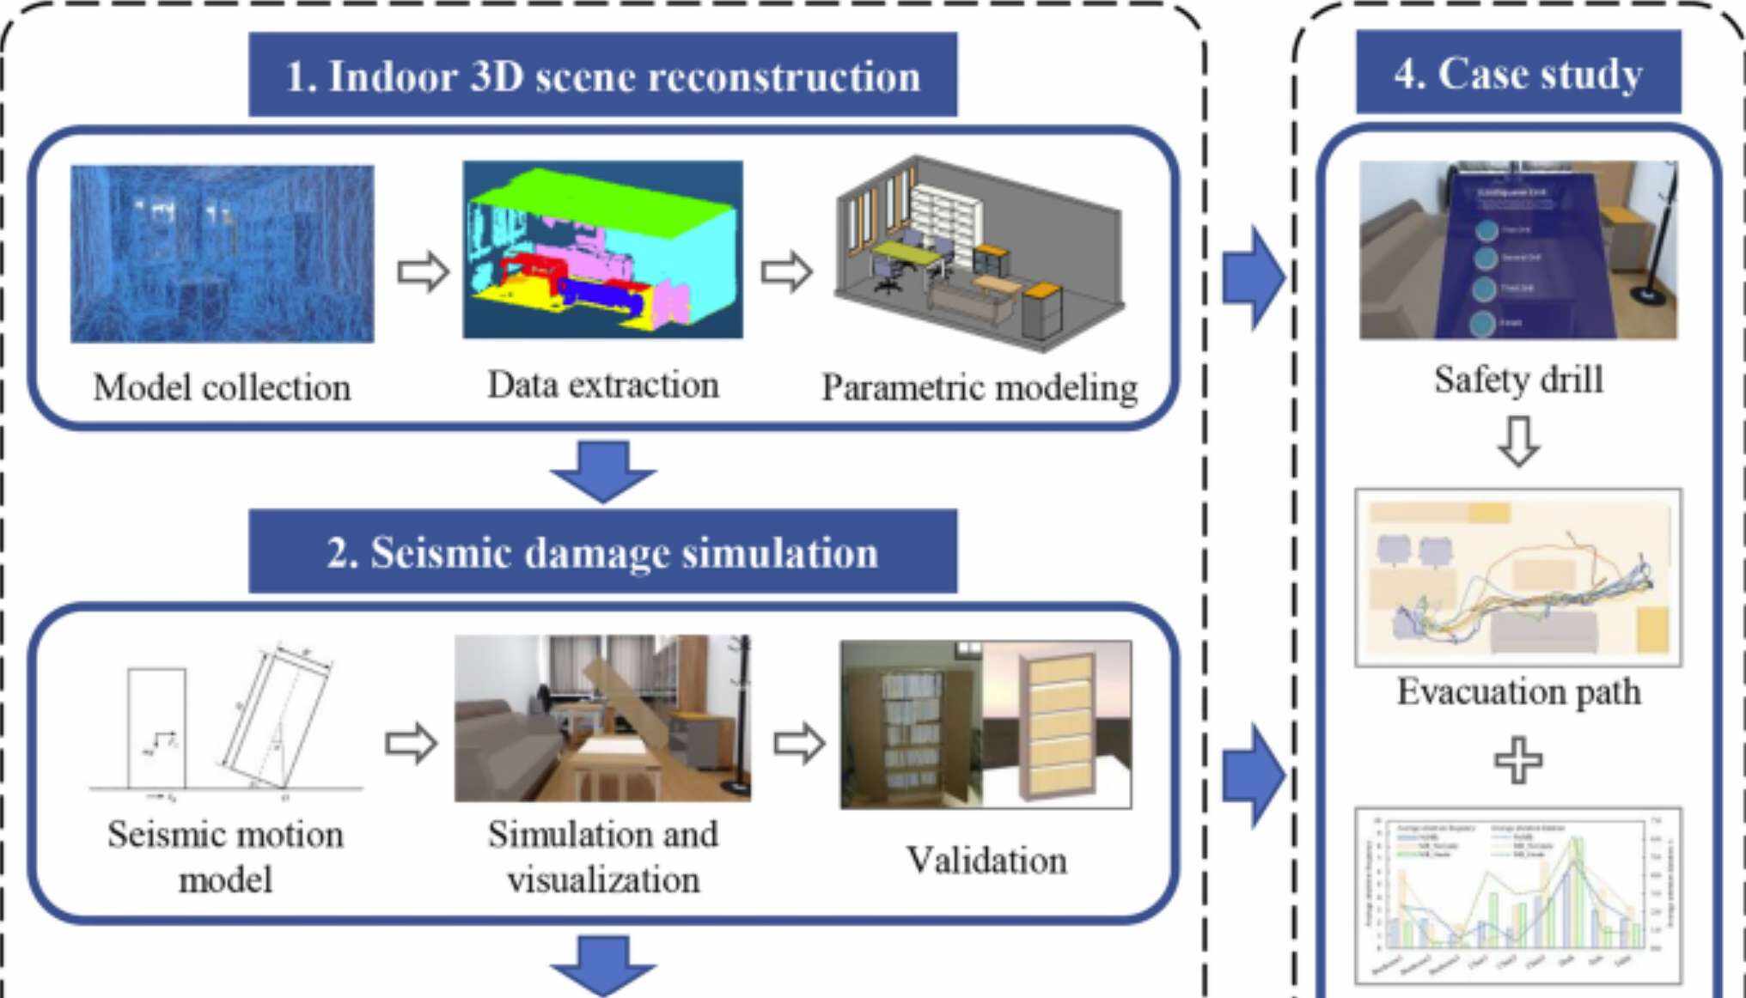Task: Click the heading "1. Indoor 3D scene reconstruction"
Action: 602,76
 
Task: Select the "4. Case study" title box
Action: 1517,73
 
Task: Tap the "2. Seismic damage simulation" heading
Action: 602,552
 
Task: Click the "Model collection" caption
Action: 222,387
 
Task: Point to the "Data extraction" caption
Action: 602,385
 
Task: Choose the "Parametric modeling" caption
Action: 980,387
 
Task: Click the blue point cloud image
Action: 222,254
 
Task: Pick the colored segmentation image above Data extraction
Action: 602,250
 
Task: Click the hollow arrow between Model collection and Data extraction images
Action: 423,273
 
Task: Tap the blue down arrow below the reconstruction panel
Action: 602,470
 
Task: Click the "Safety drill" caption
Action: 1518,380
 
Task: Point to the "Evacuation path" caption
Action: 1518,691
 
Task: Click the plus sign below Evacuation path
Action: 1518,760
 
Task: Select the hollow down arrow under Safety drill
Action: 1518,441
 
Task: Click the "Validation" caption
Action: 986,860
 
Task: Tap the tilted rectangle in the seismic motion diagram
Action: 277,720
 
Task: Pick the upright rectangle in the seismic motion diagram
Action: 156,727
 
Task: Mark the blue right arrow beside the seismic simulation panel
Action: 1254,776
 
